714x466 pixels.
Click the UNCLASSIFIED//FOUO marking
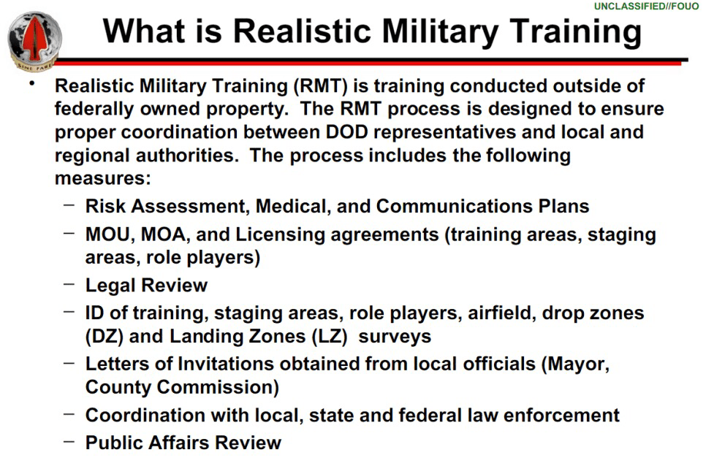pyautogui.click(x=646, y=6)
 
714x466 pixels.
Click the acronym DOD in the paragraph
pyautogui.click(x=346, y=132)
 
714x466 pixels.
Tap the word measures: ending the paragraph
pyautogui.click(x=102, y=178)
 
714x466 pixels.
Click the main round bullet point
pyautogui.click(x=31, y=83)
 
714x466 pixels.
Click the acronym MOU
pyautogui.click(x=109, y=235)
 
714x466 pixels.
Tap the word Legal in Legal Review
pyautogui.click(x=110, y=286)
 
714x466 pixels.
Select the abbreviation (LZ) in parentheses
pyautogui.click(x=329, y=337)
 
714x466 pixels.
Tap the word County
pyautogui.click(x=118, y=388)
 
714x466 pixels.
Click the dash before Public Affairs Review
pyautogui.click(x=69, y=441)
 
